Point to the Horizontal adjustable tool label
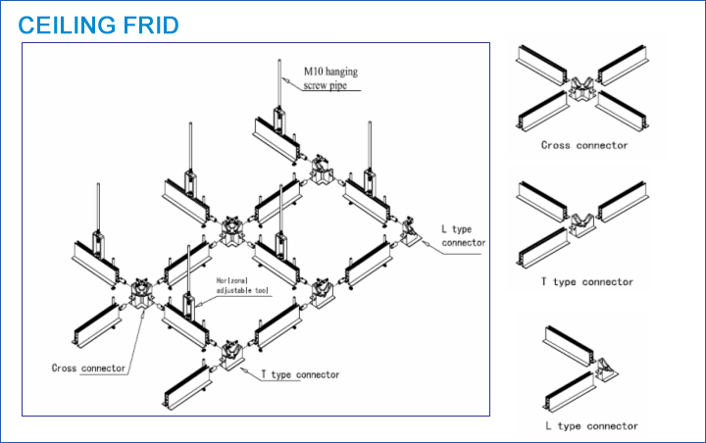(241, 285)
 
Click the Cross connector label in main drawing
(88, 369)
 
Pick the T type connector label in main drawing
(300, 374)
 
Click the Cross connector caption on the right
(584, 145)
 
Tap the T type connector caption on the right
(587, 282)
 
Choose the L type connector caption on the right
(591, 425)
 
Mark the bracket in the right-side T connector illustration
(586, 227)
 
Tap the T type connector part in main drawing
(232, 355)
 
